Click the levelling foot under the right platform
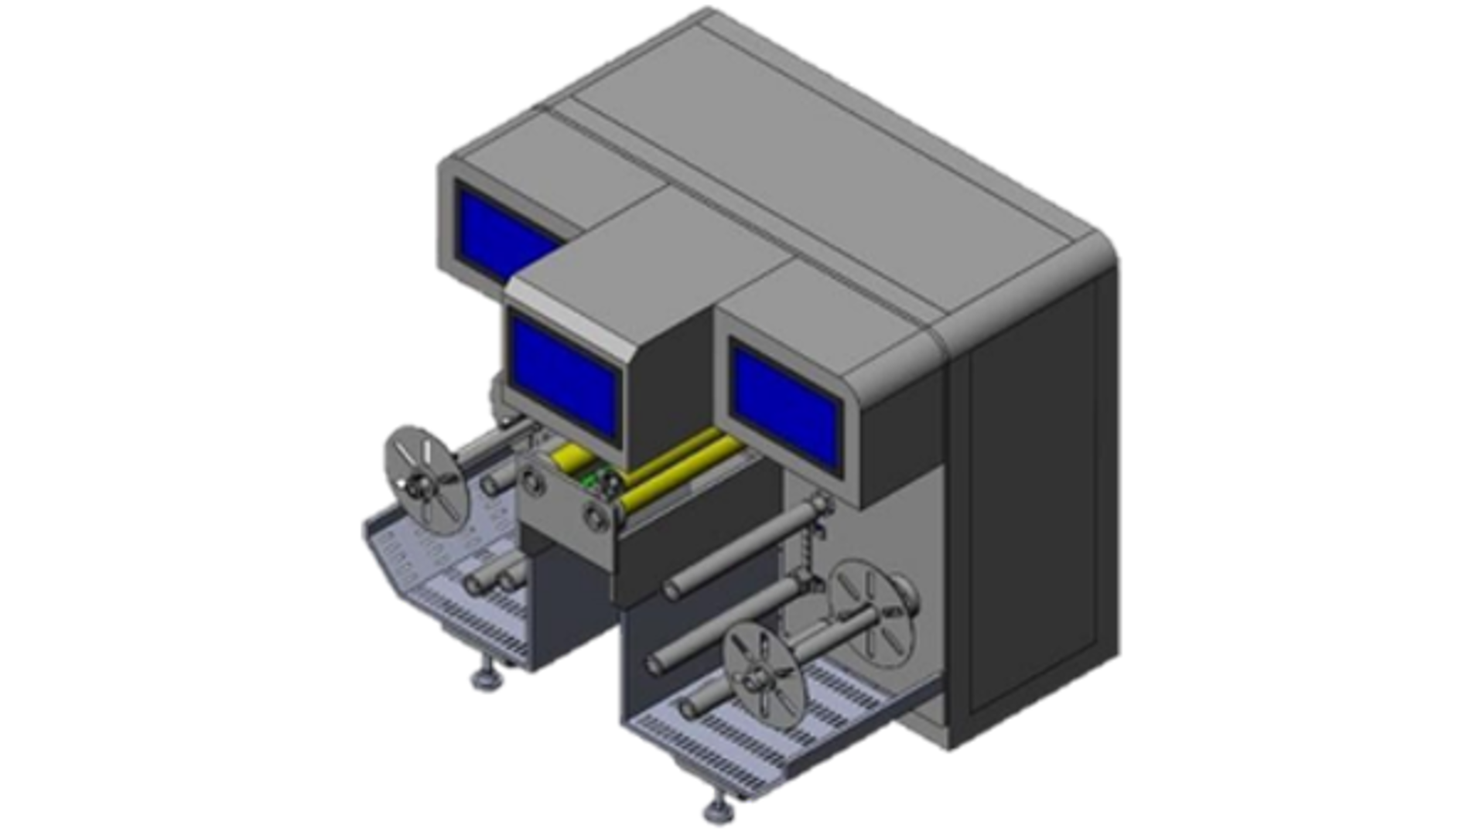point(716,812)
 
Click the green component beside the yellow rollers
point(594,480)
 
